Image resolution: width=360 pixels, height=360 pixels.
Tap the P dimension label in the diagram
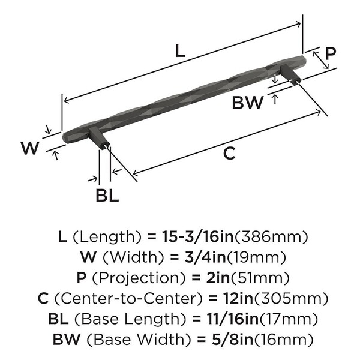(x=329, y=53)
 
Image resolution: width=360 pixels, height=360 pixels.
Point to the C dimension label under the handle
(x=228, y=154)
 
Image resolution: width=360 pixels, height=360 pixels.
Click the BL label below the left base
(x=106, y=196)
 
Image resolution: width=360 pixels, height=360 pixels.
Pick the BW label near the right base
(x=248, y=103)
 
